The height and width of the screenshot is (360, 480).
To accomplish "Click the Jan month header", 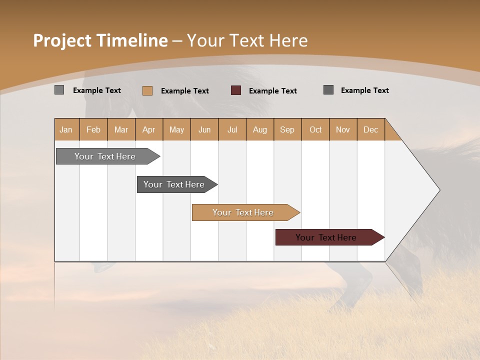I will click(66, 129).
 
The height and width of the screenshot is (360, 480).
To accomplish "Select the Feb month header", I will click(93, 129).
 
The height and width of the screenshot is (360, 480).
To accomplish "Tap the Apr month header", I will click(149, 129).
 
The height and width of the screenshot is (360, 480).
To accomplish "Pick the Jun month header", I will click(204, 129).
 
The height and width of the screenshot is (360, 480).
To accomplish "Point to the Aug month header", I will click(260, 129).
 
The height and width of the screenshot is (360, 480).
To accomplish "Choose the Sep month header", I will click(287, 129).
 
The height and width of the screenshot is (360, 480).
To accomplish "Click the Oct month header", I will click(315, 129).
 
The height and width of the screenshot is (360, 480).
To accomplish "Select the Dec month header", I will click(371, 129).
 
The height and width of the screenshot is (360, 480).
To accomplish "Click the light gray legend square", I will click(59, 90).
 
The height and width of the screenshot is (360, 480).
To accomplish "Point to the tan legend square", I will click(147, 90).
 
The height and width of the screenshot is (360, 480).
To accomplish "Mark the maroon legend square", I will click(236, 90).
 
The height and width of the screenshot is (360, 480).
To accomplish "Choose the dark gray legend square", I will click(328, 90).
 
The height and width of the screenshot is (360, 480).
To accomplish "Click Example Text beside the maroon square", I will click(273, 91).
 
